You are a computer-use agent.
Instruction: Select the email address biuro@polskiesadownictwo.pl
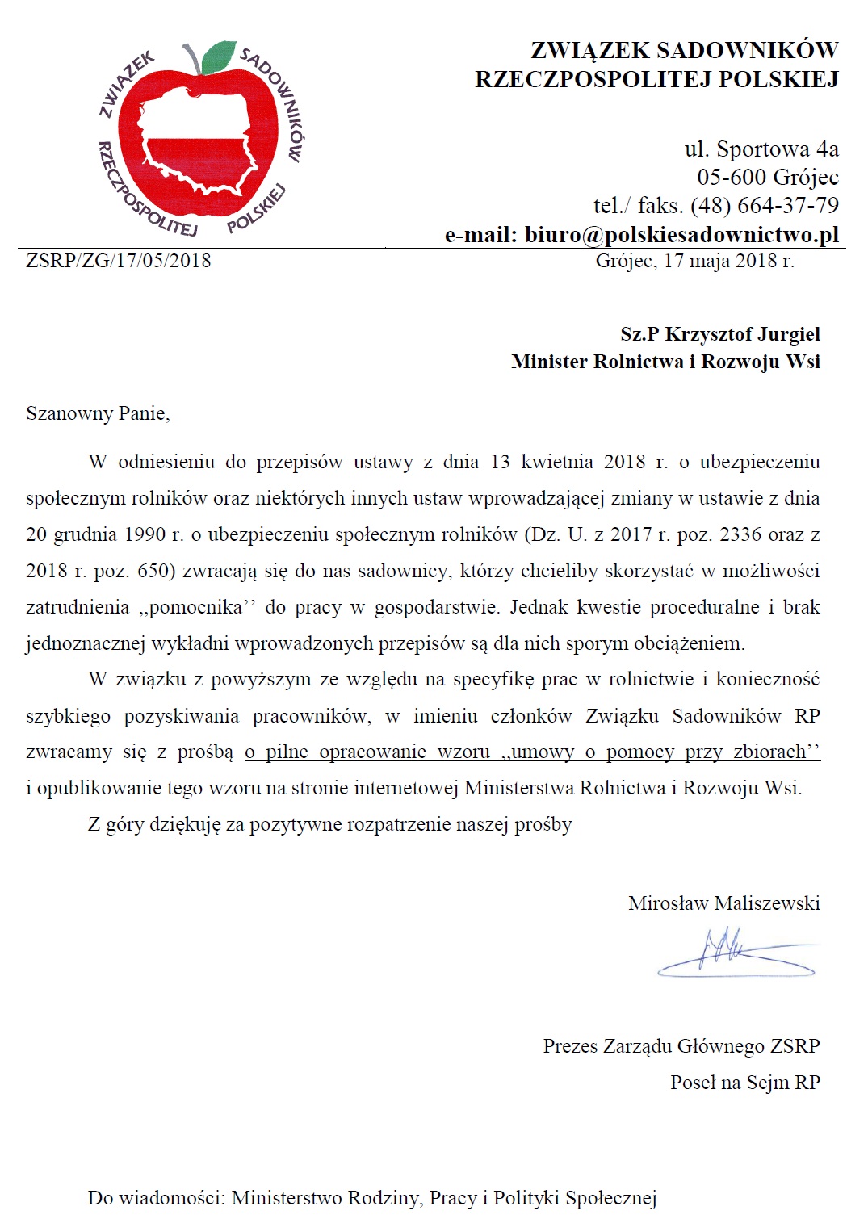[x=682, y=235]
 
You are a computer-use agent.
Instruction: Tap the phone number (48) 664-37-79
[x=765, y=206]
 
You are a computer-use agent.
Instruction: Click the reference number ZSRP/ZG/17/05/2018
[x=119, y=261]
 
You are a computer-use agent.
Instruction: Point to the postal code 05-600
[x=732, y=178]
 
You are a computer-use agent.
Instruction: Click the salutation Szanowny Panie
[x=98, y=413]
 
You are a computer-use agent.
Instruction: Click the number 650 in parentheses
[x=151, y=571]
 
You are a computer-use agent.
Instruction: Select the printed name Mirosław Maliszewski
[x=723, y=903]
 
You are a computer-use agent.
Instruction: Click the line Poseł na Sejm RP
[x=744, y=1083]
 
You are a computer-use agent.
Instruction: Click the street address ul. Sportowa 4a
[x=761, y=149]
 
